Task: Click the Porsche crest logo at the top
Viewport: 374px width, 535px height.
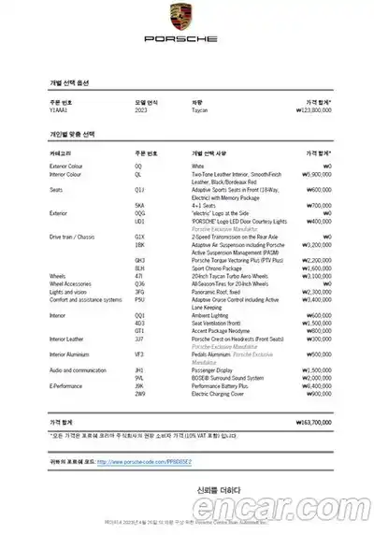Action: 187,16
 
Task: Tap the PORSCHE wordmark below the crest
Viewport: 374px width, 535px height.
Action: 187,40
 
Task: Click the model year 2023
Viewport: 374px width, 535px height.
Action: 140,110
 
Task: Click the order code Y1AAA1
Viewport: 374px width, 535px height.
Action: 60,110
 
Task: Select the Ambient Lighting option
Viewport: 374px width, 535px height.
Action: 214,316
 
